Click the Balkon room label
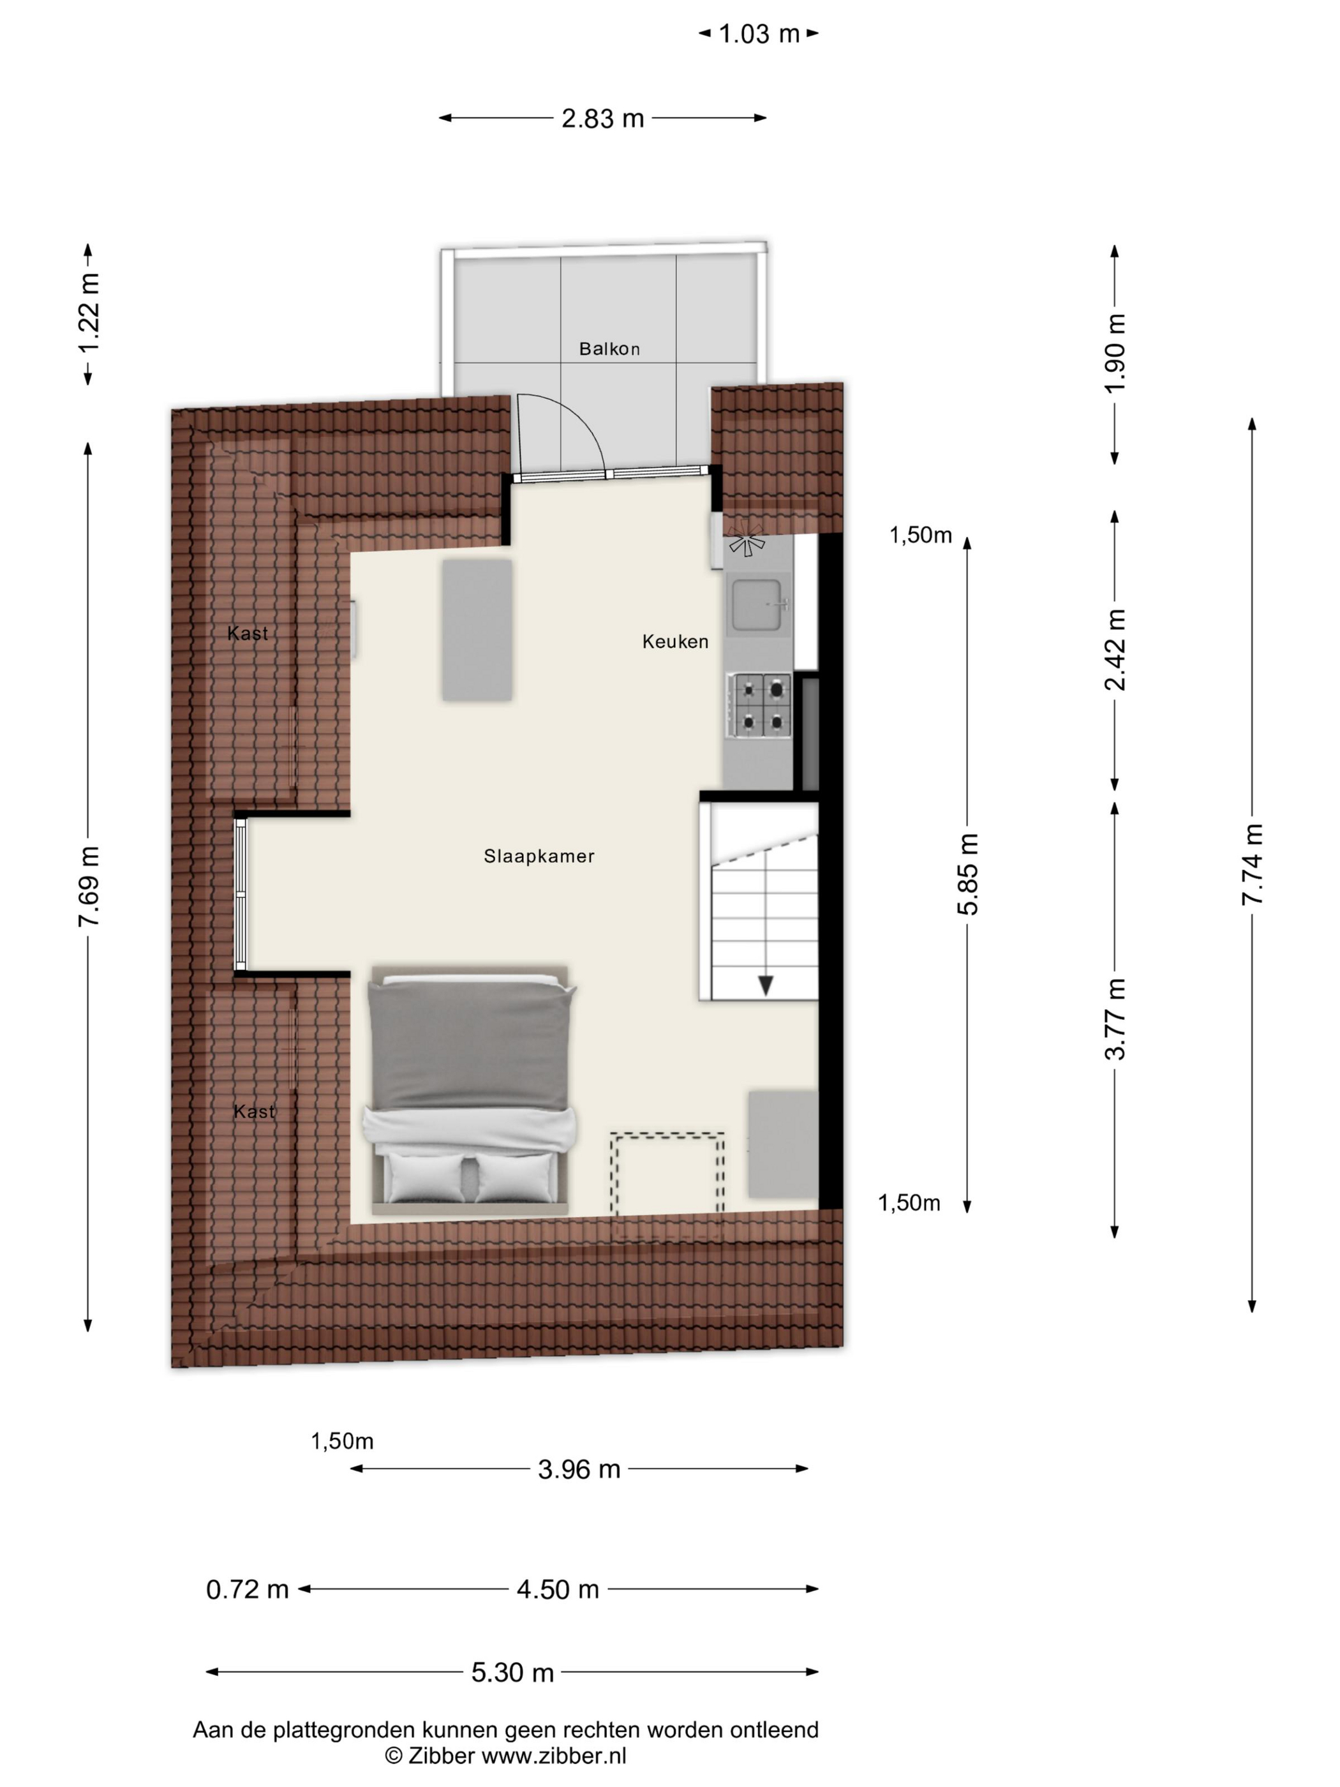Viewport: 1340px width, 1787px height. pyautogui.click(x=609, y=349)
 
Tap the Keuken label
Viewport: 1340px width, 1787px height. pyautogui.click(x=675, y=641)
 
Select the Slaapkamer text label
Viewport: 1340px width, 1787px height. pyautogui.click(x=539, y=856)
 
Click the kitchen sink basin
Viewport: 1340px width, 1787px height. pyautogui.click(x=757, y=604)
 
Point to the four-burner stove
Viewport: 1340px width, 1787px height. pyautogui.click(x=759, y=706)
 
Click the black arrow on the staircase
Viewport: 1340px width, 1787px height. pyautogui.click(x=765, y=985)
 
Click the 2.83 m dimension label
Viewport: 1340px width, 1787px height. pyautogui.click(x=602, y=119)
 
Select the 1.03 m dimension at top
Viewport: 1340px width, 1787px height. pyautogui.click(x=759, y=34)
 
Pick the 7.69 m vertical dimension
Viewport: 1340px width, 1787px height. pyautogui.click(x=89, y=886)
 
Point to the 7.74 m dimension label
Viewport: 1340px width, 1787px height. pyautogui.click(x=1252, y=864)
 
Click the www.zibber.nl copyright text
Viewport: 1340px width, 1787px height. pyautogui.click(x=505, y=1754)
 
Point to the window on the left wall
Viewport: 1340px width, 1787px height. pyautogui.click(x=241, y=893)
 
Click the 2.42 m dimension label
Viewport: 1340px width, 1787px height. pyautogui.click(x=1115, y=650)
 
